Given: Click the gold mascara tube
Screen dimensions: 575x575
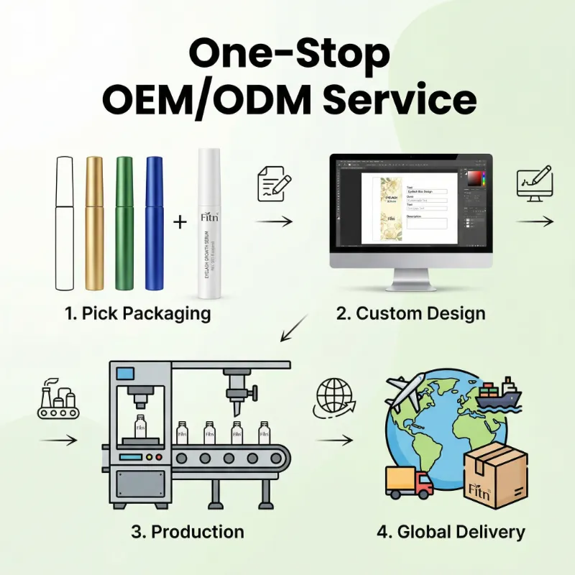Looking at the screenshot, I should pyautogui.click(x=95, y=223).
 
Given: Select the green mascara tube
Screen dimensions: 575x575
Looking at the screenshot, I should pyautogui.click(x=124, y=223).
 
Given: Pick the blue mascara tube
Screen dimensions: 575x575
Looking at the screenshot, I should pyautogui.click(x=155, y=223).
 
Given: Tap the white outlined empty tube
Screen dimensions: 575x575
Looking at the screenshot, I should pyautogui.click(x=65, y=223).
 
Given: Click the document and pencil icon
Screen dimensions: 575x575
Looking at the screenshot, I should pyautogui.click(x=274, y=185).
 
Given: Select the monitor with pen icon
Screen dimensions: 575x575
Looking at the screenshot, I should pyautogui.click(x=534, y=184).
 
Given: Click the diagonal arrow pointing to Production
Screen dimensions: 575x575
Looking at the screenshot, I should pyautogui.click(x=295, y=327).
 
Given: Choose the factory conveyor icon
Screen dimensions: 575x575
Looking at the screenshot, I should pyautogui.click(x=57, y=402).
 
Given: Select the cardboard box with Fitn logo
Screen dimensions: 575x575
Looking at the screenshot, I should pyautogui.click(x=495, y=475).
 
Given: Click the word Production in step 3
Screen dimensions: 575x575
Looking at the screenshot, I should pyautogui.click(x=198, y=533).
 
